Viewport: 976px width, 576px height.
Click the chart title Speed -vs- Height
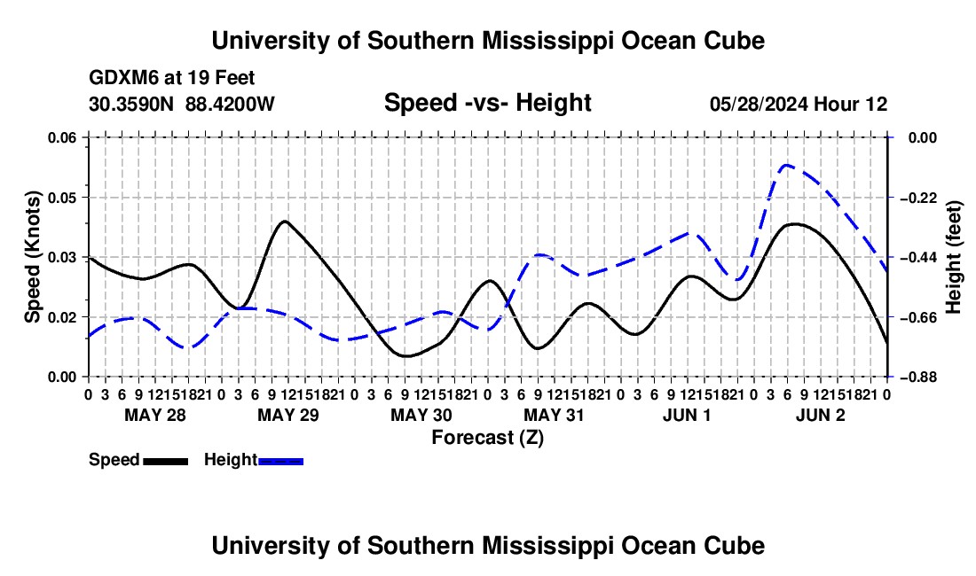tap(487, 103)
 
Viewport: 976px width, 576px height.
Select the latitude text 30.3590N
tap(131, 104)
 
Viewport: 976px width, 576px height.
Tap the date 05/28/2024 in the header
tap(759, 104)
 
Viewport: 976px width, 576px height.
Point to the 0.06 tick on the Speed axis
tap(61, 137)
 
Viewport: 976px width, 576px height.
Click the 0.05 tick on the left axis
tap(61, 198)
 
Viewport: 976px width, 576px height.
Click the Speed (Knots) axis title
tap(32, 257)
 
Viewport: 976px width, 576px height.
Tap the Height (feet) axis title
tap(953, 257)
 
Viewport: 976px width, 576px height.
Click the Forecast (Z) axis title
tap(487, 438)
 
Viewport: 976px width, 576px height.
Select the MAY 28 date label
tap(155, 415)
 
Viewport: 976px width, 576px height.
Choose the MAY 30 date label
tap(421, 415)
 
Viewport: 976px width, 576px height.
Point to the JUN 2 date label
tap(821, 415)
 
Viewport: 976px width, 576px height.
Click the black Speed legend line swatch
tap(166, 461)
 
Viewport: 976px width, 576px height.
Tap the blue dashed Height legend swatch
tap(280, 461)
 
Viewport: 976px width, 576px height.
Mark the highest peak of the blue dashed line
tap(787, 165)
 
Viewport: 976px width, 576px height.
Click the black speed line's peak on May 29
tap(285, 222)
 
